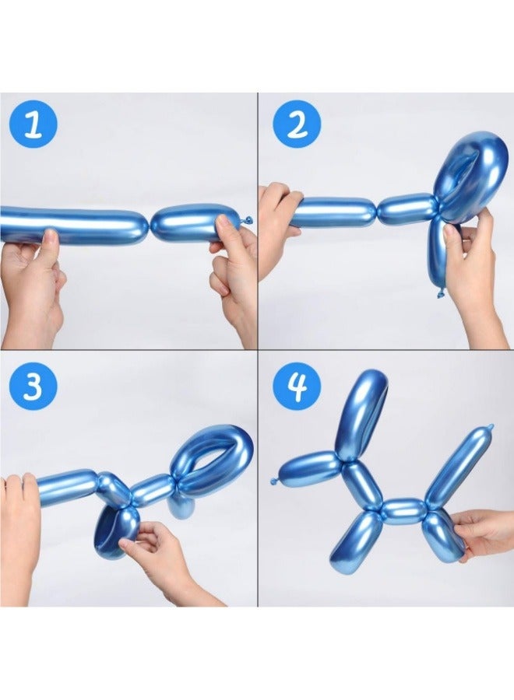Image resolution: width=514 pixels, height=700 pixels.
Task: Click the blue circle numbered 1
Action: [x=32, y=124]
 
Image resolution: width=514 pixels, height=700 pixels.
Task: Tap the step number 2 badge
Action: [x=297, y=124]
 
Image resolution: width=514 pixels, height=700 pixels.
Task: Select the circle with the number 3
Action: [x=32, y=385]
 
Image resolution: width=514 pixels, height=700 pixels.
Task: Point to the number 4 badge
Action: [x=297, y=385]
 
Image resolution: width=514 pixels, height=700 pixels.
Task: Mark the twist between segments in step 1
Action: [x=149, y=226]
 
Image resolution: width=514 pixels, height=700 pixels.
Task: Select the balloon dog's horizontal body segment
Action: [x=404, y=511]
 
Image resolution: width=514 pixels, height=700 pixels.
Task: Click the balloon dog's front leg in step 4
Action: [x=355, y=540]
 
